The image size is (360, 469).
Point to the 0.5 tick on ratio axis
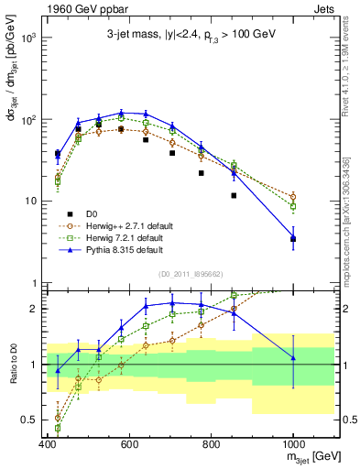[32, 420]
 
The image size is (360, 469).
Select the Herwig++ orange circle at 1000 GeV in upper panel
[293, 196]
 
